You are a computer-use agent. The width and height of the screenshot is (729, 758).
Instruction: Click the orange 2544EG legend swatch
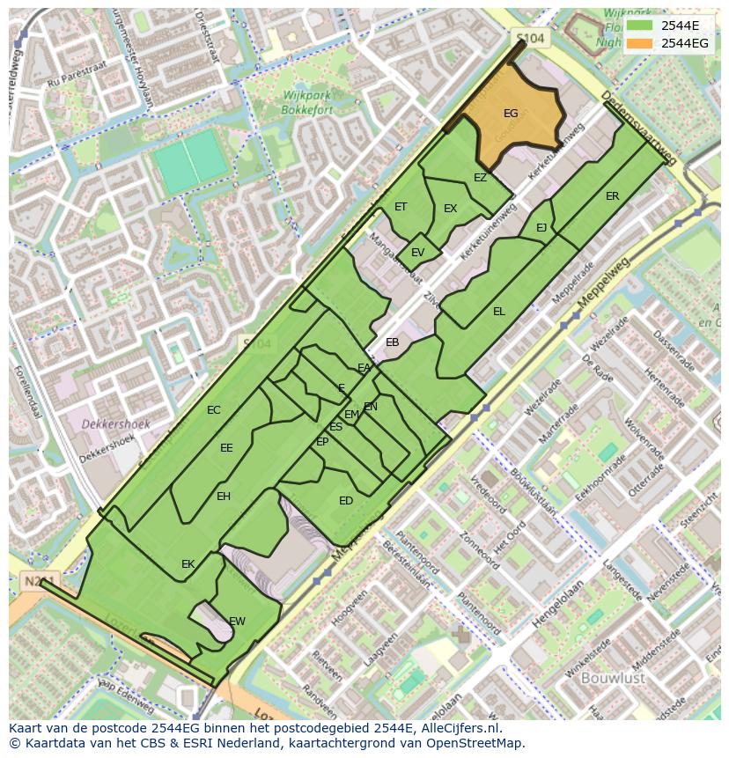click(x=641, y=43)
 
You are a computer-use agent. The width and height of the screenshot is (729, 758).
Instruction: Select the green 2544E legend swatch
click(x=641, y=26)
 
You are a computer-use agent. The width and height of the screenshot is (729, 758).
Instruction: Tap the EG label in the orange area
click(x=511, y=114)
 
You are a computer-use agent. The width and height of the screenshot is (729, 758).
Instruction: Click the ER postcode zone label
click(x=612, y=196)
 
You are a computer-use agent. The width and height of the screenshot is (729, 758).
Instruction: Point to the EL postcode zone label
click(x=499, y=312)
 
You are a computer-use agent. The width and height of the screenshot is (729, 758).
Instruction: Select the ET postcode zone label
click(x=401, y=208)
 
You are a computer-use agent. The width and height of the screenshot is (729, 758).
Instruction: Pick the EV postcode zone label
click(x=417, y=253)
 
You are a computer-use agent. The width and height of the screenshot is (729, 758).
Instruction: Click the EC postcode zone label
click(x=214, y=410)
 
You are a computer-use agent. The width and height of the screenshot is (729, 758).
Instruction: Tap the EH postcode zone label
click(x=224, y=497)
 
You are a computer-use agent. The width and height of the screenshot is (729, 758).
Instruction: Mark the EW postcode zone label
click(x=237, y=622)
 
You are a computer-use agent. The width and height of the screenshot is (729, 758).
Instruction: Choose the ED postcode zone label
click(x=346, y=501)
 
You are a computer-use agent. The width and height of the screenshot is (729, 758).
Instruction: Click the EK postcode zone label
click(x=188, y=564)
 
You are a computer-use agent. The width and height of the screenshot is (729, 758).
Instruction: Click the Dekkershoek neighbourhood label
click(x=115, y=424)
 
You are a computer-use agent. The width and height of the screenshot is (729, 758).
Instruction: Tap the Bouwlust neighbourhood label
click(x=614, y=678)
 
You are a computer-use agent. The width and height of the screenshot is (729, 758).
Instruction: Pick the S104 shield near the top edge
click(x=530, y=39)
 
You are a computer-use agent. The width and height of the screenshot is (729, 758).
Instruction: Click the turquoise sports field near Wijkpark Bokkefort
click(x=192, y=161)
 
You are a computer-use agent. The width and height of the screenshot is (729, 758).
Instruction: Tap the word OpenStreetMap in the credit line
click(x=475, y=743)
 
